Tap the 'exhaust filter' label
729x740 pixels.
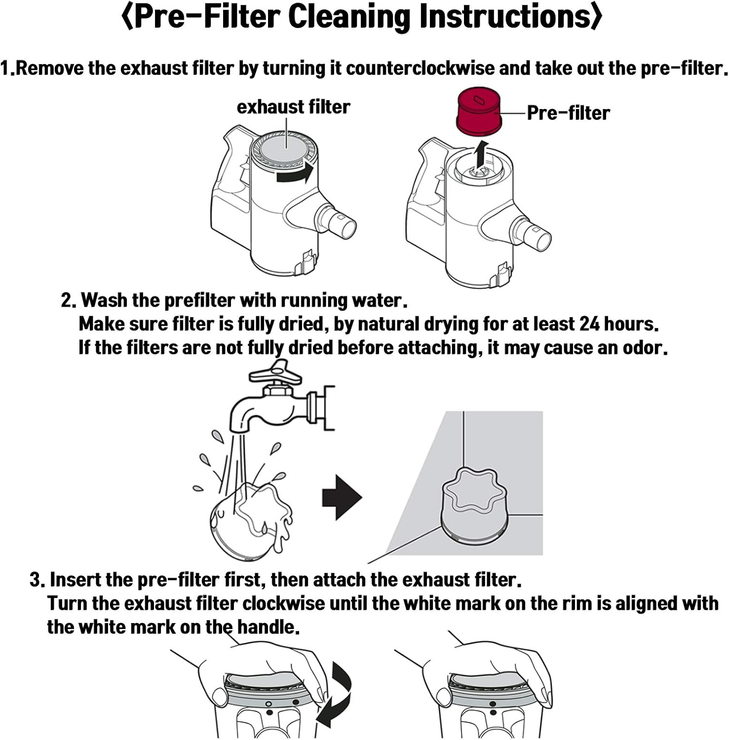coord(293,107)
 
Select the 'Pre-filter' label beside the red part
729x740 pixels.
coord(568,113)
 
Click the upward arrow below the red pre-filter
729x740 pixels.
coord(482,154)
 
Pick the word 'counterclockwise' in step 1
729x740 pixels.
coord(420,69)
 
